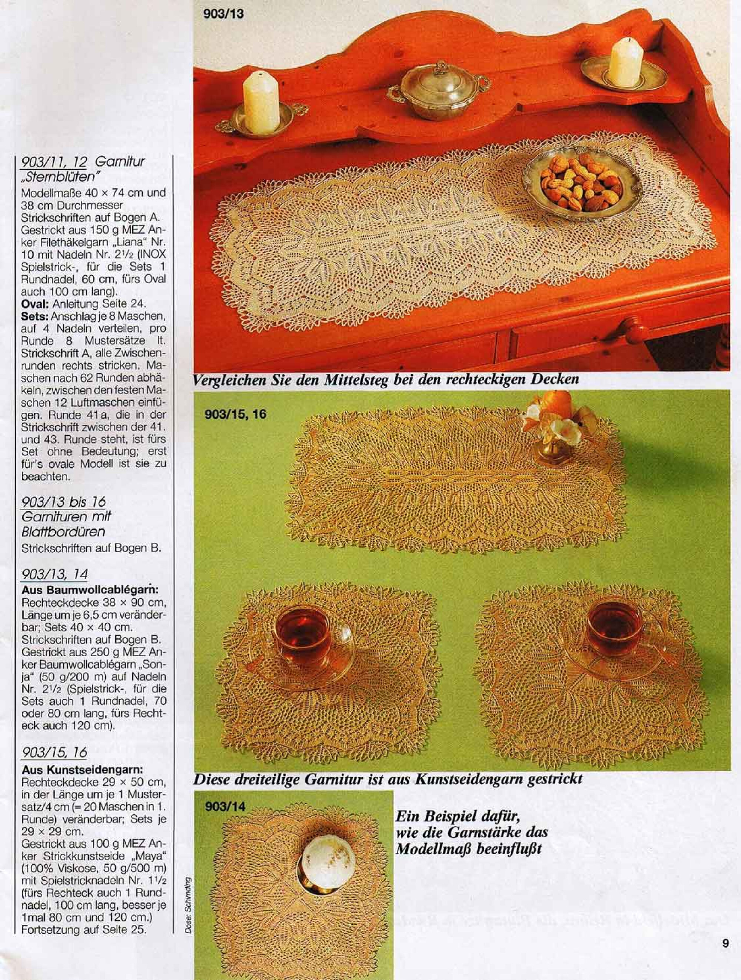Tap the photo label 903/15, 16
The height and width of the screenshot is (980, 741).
click(x=235, y=414)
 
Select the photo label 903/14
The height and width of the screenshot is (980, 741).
click(x=225, y=806)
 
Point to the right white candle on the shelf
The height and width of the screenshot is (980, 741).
click(x=626, y=62)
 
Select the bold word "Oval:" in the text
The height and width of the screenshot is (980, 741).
click(x=36, y=304)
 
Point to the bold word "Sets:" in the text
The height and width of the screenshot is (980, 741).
click(x=35, y=317)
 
